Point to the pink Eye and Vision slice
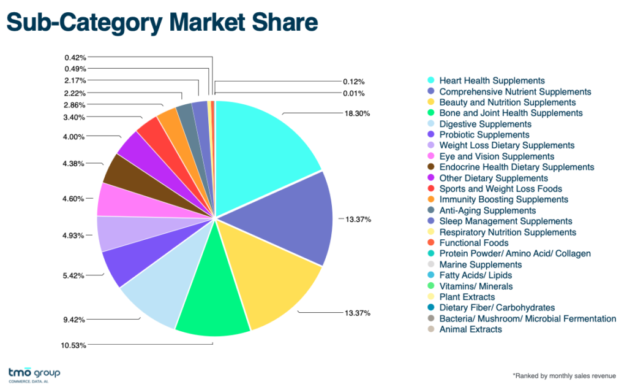pyautogui.click(x=113, y=199)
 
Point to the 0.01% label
pyautogui.click(x=354, y=93)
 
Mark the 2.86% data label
pyautogui.click(x=75, y=105)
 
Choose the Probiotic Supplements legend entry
pyautogui.click(x=484, y=135)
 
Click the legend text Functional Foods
pyautogui.click(x=473, y=243)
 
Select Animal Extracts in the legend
pyautogui.click(x=470, y=329)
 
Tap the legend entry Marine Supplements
pyautogui.click(x=480, y=264)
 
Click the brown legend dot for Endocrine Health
pyautogui.click(x=431, y=167)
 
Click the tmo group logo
pyautogui.click(x=34, y=374)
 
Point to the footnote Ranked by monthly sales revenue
pyautogui.click(x=563, y=375)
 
